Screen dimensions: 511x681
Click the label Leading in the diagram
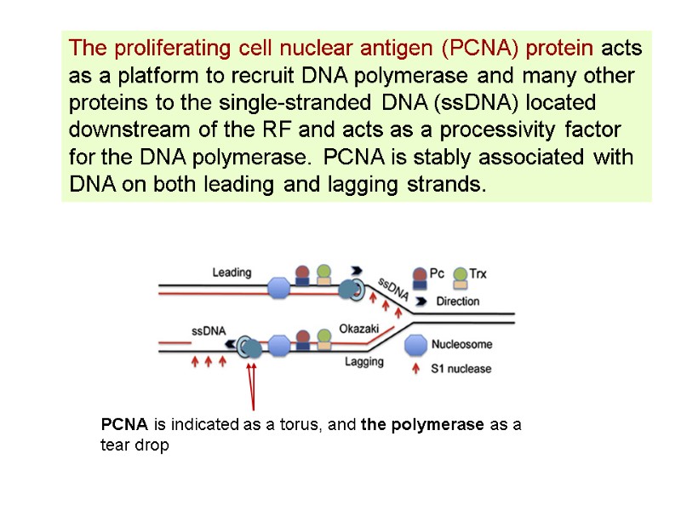click(232, 273)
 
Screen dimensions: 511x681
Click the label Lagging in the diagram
click(364, 361)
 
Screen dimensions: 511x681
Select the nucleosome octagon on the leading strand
click(280, 288)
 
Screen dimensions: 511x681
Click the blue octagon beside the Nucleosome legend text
click(415, 345)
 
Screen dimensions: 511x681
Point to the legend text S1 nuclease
click(462, 369)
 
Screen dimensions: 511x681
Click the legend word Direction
click(457, 301)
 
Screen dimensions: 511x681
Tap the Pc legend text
click(437, 273)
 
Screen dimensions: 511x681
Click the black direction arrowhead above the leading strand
click(355, 266)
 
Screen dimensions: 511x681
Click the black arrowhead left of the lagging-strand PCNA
click(231, 342)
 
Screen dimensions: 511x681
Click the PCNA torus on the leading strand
click(357, 290)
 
